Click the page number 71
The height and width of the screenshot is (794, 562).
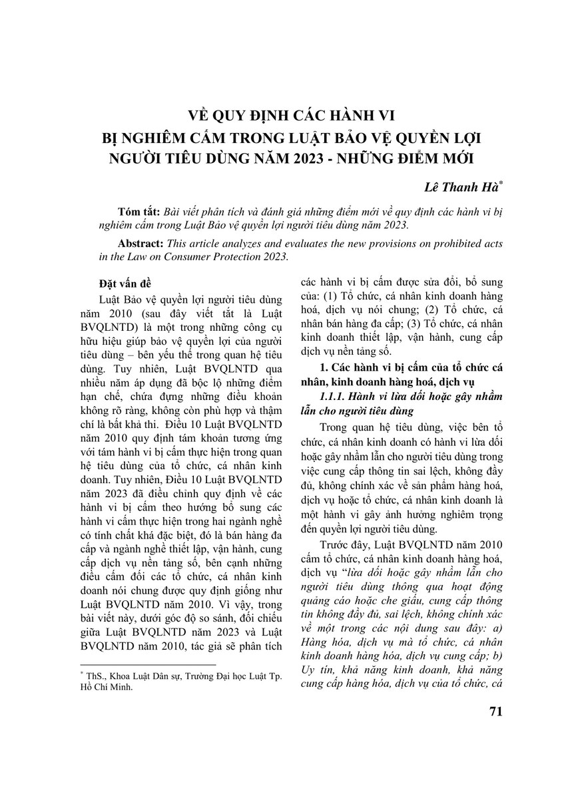[x=495, y=711]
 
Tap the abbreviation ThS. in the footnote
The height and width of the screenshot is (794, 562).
[x=91, y=676]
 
